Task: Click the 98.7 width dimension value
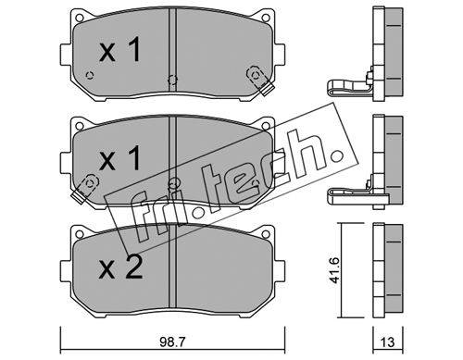pos(172,342)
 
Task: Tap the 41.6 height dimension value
pos(334,270)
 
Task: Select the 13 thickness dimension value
pos(387,342)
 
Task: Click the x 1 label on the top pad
pos(120,49)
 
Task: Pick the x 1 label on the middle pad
pos(120,157)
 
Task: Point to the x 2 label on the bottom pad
pos(120,267)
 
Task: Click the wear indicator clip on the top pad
pos(260,81)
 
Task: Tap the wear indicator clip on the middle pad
pos(84,188)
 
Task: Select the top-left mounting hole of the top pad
pos(80,17)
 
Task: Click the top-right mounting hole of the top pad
pos(265,17)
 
